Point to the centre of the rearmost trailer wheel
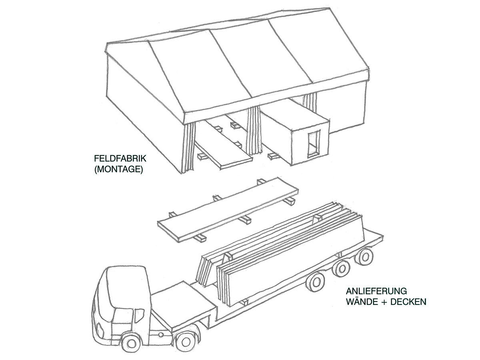(x=364, y=257)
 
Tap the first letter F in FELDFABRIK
(x=97, y=158)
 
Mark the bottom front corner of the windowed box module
(x=291, y=166)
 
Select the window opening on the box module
(x=314, y=144)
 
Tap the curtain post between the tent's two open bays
(x=254, y=130)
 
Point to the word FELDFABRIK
(x=120, y=158)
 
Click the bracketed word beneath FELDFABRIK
(x=119, y=169)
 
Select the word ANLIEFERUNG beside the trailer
(x=376, y=291)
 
